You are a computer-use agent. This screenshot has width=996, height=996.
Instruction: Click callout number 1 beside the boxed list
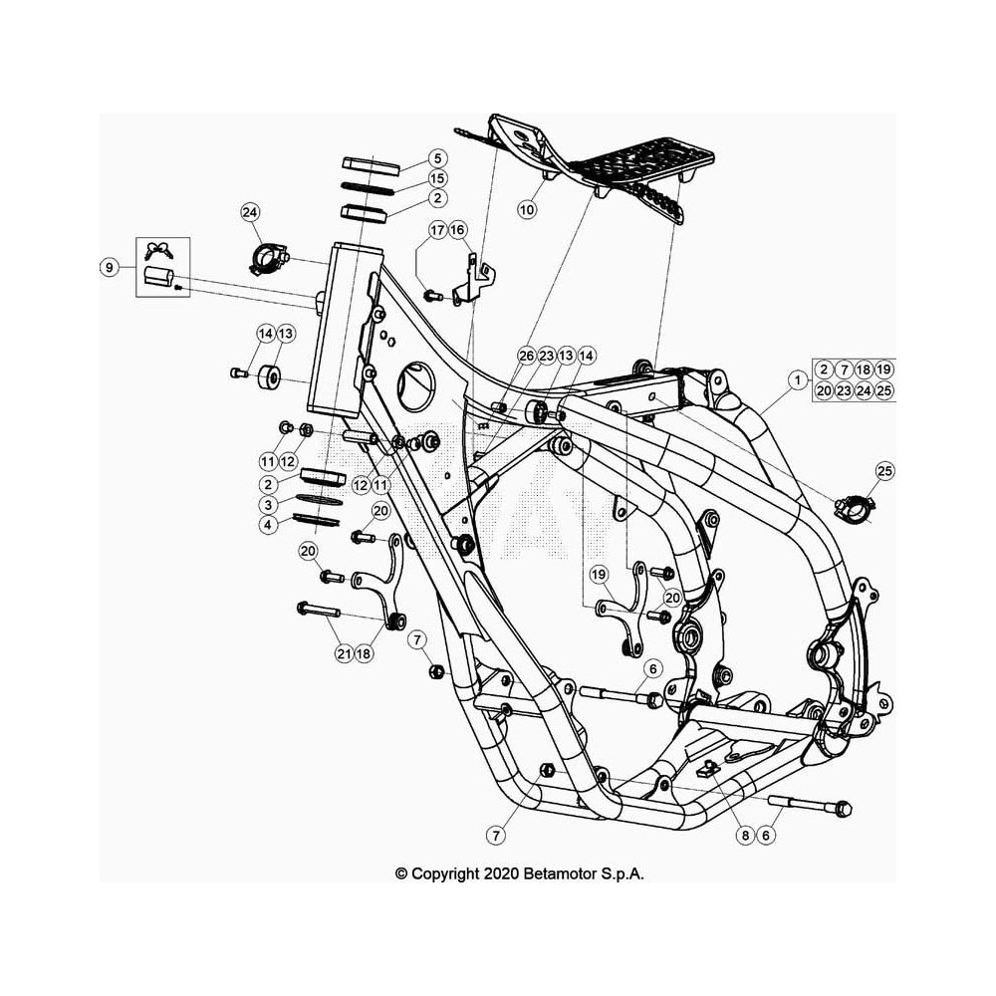797,380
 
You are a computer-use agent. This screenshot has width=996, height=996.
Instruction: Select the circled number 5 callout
437,158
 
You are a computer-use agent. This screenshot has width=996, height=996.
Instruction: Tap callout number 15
437,178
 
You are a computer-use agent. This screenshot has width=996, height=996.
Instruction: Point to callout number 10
527,209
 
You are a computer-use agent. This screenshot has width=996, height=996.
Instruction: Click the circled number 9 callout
110,267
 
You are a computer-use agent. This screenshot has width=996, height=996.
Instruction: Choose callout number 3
269,505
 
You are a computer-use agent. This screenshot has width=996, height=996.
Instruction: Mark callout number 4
269,525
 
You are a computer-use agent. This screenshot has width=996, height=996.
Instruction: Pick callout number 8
746,835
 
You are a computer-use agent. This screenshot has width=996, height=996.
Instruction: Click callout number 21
344,653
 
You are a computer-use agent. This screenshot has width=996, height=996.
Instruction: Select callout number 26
527,357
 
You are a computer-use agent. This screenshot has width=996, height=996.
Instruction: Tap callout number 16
457,230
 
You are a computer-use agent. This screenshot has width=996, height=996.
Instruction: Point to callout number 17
437,230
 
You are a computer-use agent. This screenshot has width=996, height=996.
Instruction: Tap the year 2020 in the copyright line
502,873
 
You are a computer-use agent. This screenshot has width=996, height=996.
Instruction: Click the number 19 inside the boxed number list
883,370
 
